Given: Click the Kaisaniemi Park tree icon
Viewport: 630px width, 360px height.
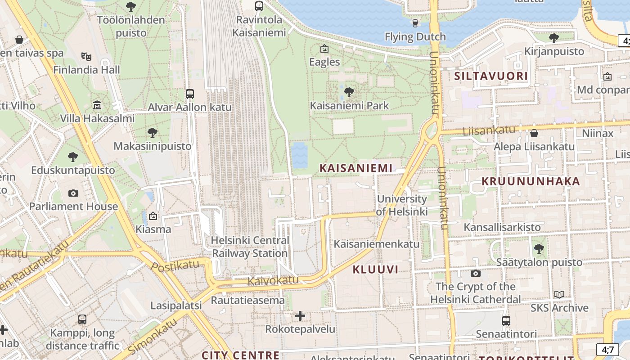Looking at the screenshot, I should click(348, 93).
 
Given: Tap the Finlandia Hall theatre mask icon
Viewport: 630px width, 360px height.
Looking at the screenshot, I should click(86, 56).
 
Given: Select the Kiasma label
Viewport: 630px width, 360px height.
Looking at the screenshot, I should click(153, 229).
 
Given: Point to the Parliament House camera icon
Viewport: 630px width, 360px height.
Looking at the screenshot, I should click(73, 193).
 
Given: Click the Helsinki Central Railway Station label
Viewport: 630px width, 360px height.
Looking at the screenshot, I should click(250, 247).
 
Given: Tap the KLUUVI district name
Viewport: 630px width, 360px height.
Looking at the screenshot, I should click(375, 270).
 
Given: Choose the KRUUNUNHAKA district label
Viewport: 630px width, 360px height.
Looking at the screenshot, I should click(531, 181).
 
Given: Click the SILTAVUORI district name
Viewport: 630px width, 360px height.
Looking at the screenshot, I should click(491, 76).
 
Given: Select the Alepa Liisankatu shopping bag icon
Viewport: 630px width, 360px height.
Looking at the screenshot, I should click(534, 133).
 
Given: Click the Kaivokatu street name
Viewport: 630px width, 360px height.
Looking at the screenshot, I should click(273, 281).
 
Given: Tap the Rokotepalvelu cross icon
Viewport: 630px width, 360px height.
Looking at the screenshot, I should click(300, 316).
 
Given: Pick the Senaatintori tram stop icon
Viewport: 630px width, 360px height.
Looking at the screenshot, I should click(506, 321).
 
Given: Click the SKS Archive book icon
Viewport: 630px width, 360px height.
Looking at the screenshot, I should click(559, 295).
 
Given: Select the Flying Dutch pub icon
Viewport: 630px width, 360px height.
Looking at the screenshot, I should click(415, 23).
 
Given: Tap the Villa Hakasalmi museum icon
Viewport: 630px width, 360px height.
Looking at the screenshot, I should click(97, 105).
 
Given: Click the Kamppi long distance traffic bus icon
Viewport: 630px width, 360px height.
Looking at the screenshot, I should click(82, 319).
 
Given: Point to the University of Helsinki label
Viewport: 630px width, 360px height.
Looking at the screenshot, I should click(402, 205).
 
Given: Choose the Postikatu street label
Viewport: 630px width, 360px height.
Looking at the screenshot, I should click(175, 266).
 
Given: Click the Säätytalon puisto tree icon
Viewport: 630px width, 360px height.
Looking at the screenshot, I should click(539, 248).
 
